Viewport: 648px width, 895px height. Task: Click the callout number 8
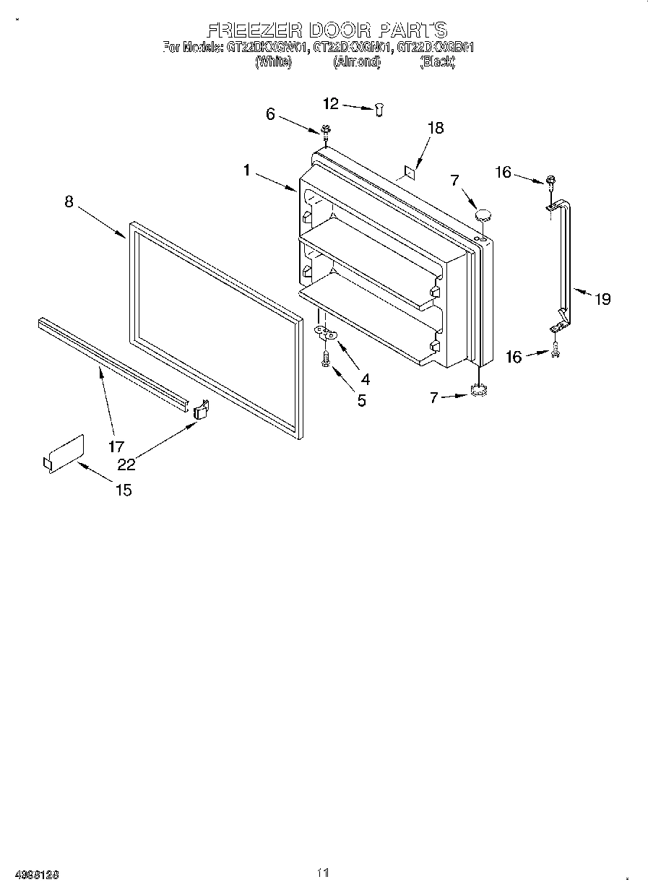69,202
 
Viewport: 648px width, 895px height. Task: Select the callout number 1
247,170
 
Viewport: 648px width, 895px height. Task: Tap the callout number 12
330,104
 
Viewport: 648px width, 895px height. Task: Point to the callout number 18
435,128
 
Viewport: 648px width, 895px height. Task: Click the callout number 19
602,298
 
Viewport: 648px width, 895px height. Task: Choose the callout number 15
124,490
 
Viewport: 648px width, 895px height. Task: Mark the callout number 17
116,446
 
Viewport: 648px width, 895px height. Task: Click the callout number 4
366,378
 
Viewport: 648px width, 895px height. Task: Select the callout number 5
361,400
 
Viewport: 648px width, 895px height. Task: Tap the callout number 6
271,113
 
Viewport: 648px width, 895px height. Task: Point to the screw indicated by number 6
326,130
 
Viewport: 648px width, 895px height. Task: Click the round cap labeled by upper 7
482,214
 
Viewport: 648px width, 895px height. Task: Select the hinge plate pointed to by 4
327,333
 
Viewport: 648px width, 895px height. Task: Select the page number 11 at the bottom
323,873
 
